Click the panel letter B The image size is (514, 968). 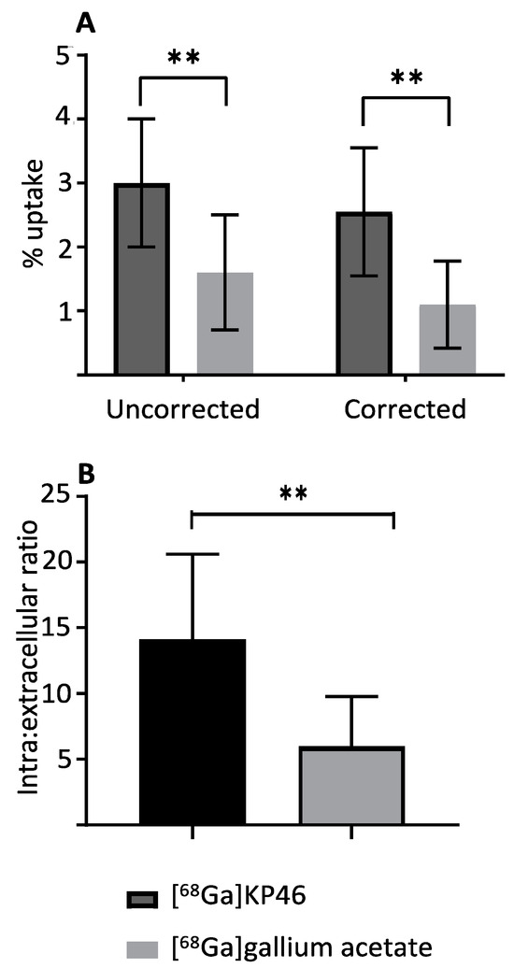tap(87, 475)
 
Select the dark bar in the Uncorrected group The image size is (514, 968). tap(141, 280)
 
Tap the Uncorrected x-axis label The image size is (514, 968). tap(182, 409)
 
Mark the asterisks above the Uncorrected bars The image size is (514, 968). tap(183, 58)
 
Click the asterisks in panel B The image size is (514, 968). tap(293, 492)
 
